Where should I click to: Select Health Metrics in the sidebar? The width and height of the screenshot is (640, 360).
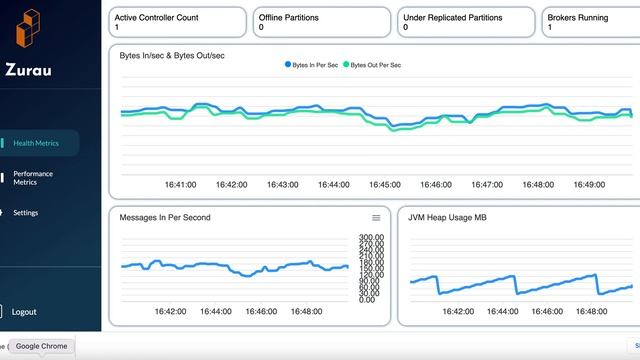click(36, 143)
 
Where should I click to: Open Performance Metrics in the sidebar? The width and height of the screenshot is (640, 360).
click(33, 178)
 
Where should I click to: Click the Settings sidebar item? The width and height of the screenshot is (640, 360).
click(26, 213)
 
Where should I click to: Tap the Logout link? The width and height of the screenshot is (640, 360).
click(24, 312)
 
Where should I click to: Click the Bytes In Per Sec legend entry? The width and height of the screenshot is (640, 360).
click(314, 64)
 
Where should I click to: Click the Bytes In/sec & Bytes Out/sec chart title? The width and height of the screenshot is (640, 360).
click(171, 55)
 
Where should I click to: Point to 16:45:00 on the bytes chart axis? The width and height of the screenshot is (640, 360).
click(384, 185)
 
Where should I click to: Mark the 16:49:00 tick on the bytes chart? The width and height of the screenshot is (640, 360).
click(590, 185)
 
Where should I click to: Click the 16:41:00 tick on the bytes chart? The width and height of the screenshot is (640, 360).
click(180, 185)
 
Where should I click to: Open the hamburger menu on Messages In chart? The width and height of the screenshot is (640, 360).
click(376, 217)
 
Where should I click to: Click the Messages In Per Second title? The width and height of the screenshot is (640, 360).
click(165, 217)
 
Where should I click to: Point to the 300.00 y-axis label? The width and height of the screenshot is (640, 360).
click(372, 237)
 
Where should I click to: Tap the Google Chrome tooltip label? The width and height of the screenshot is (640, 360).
click(41, 346)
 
